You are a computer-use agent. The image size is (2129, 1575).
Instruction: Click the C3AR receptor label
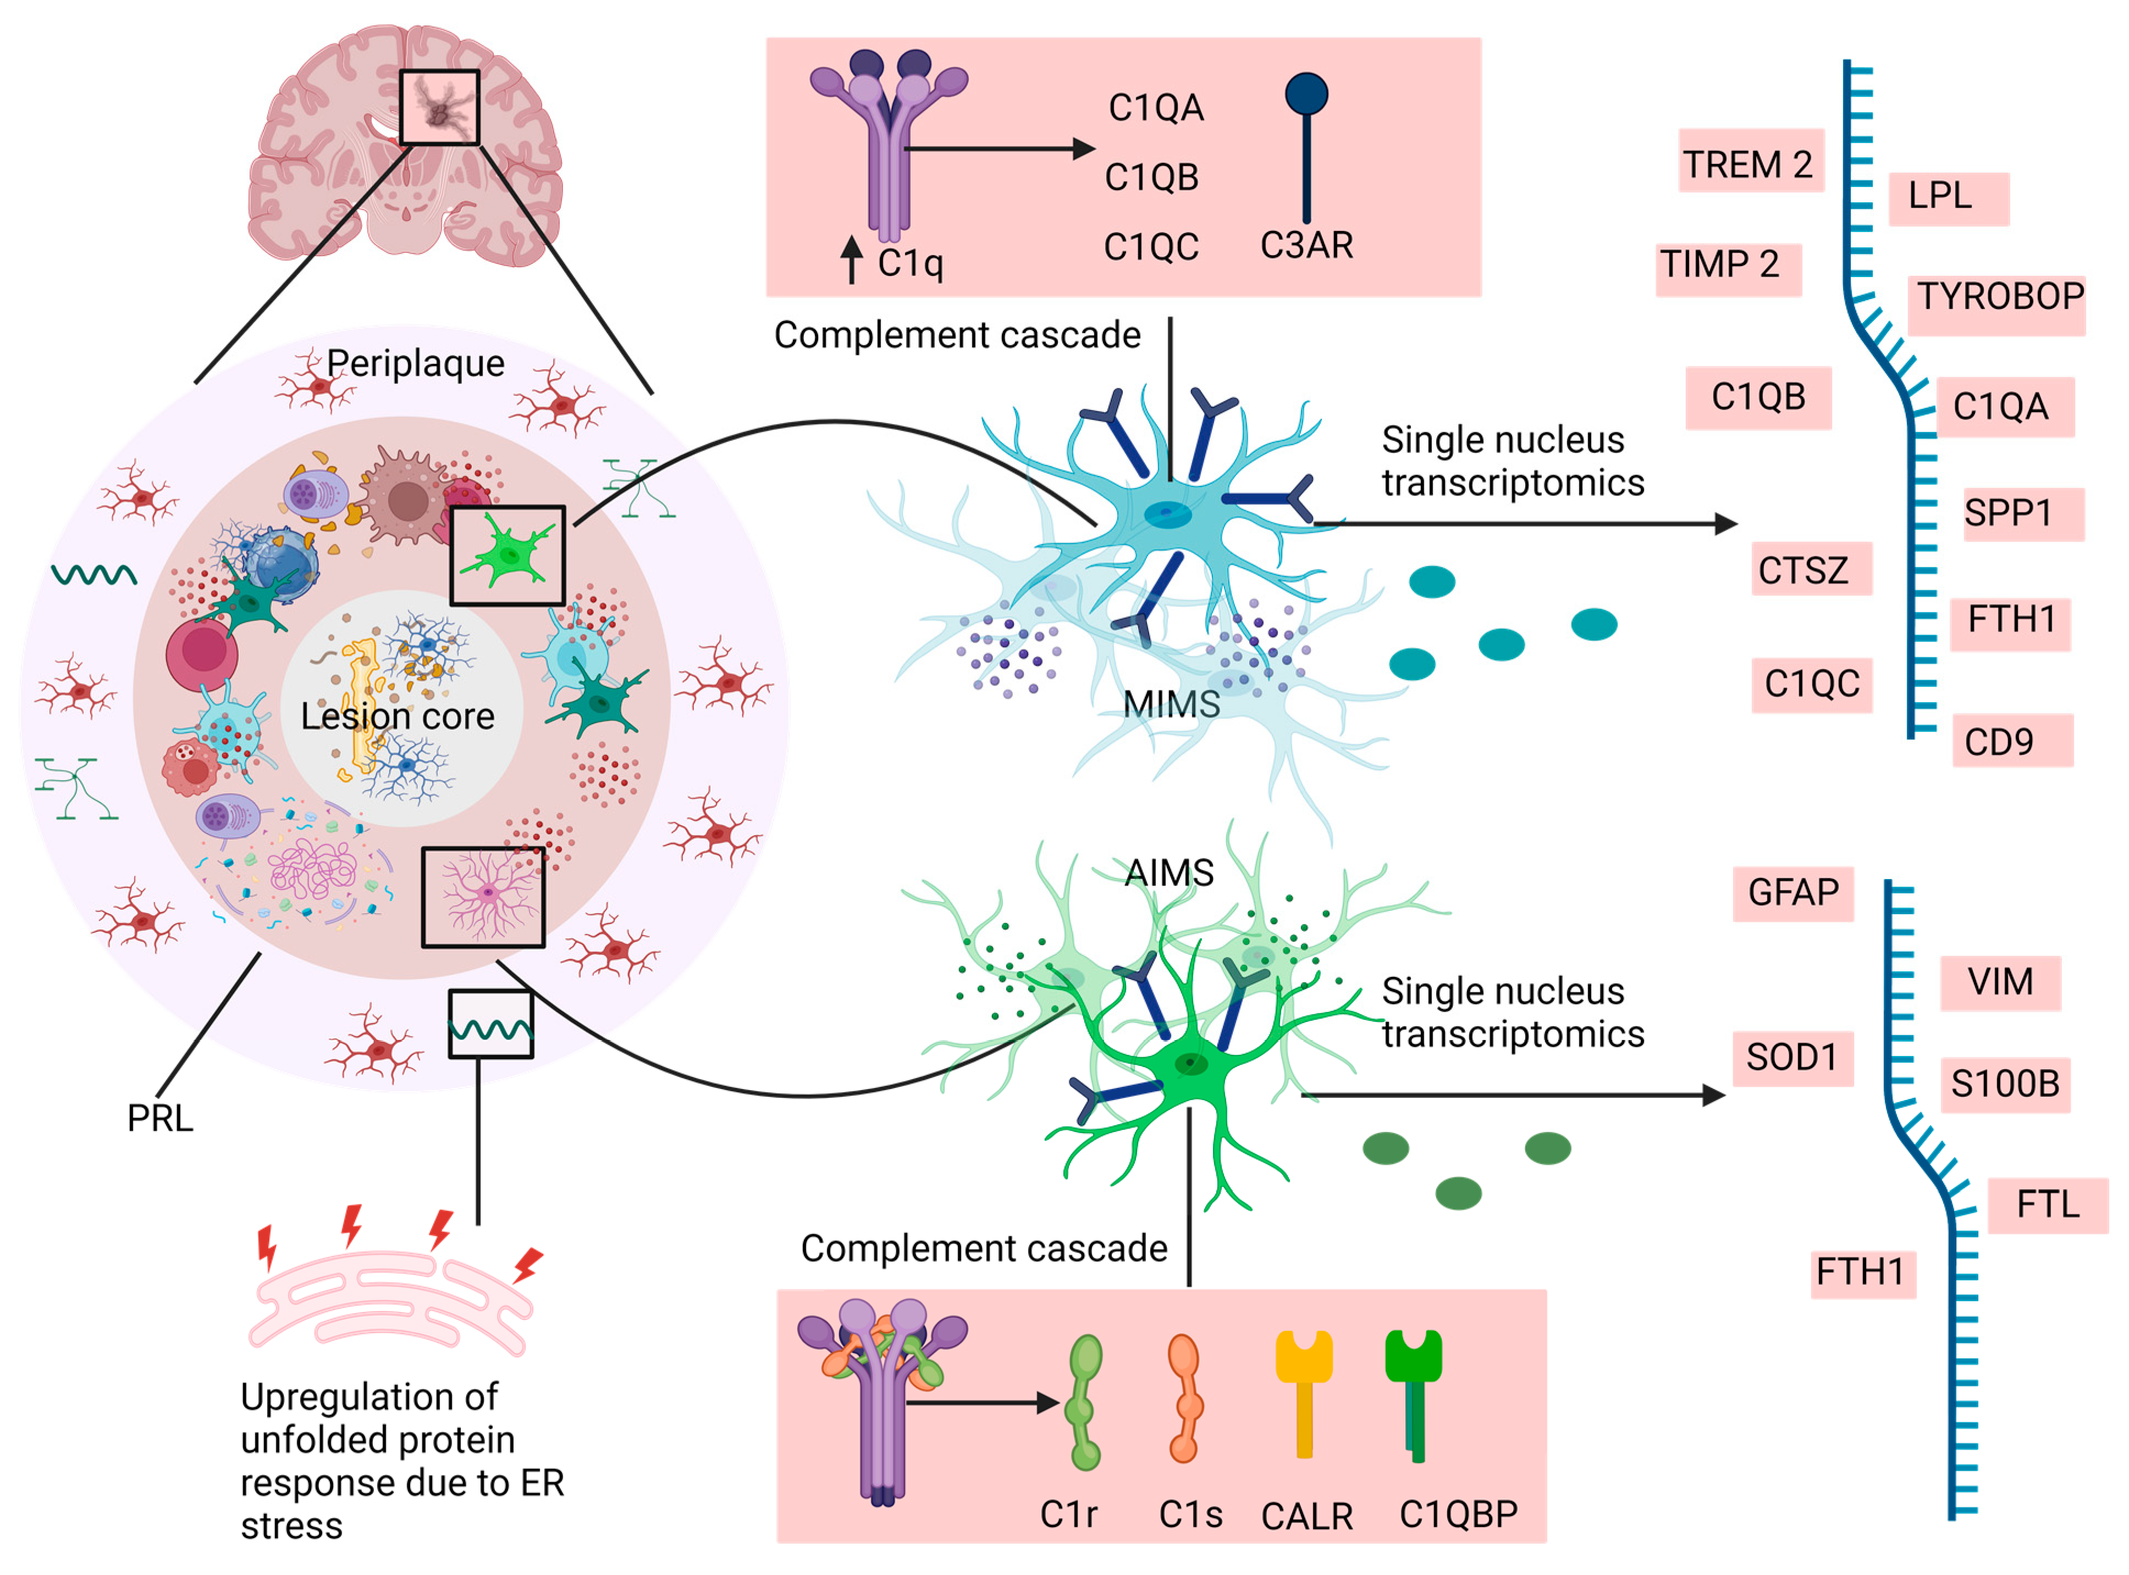[x=1307, y=246]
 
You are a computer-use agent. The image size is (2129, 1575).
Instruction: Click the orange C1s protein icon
[x=1185, y=1399]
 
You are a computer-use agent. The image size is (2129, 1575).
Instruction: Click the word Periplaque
[x=416, y=364]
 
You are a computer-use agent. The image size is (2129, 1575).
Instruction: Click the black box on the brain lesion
[x=439, y=107]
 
